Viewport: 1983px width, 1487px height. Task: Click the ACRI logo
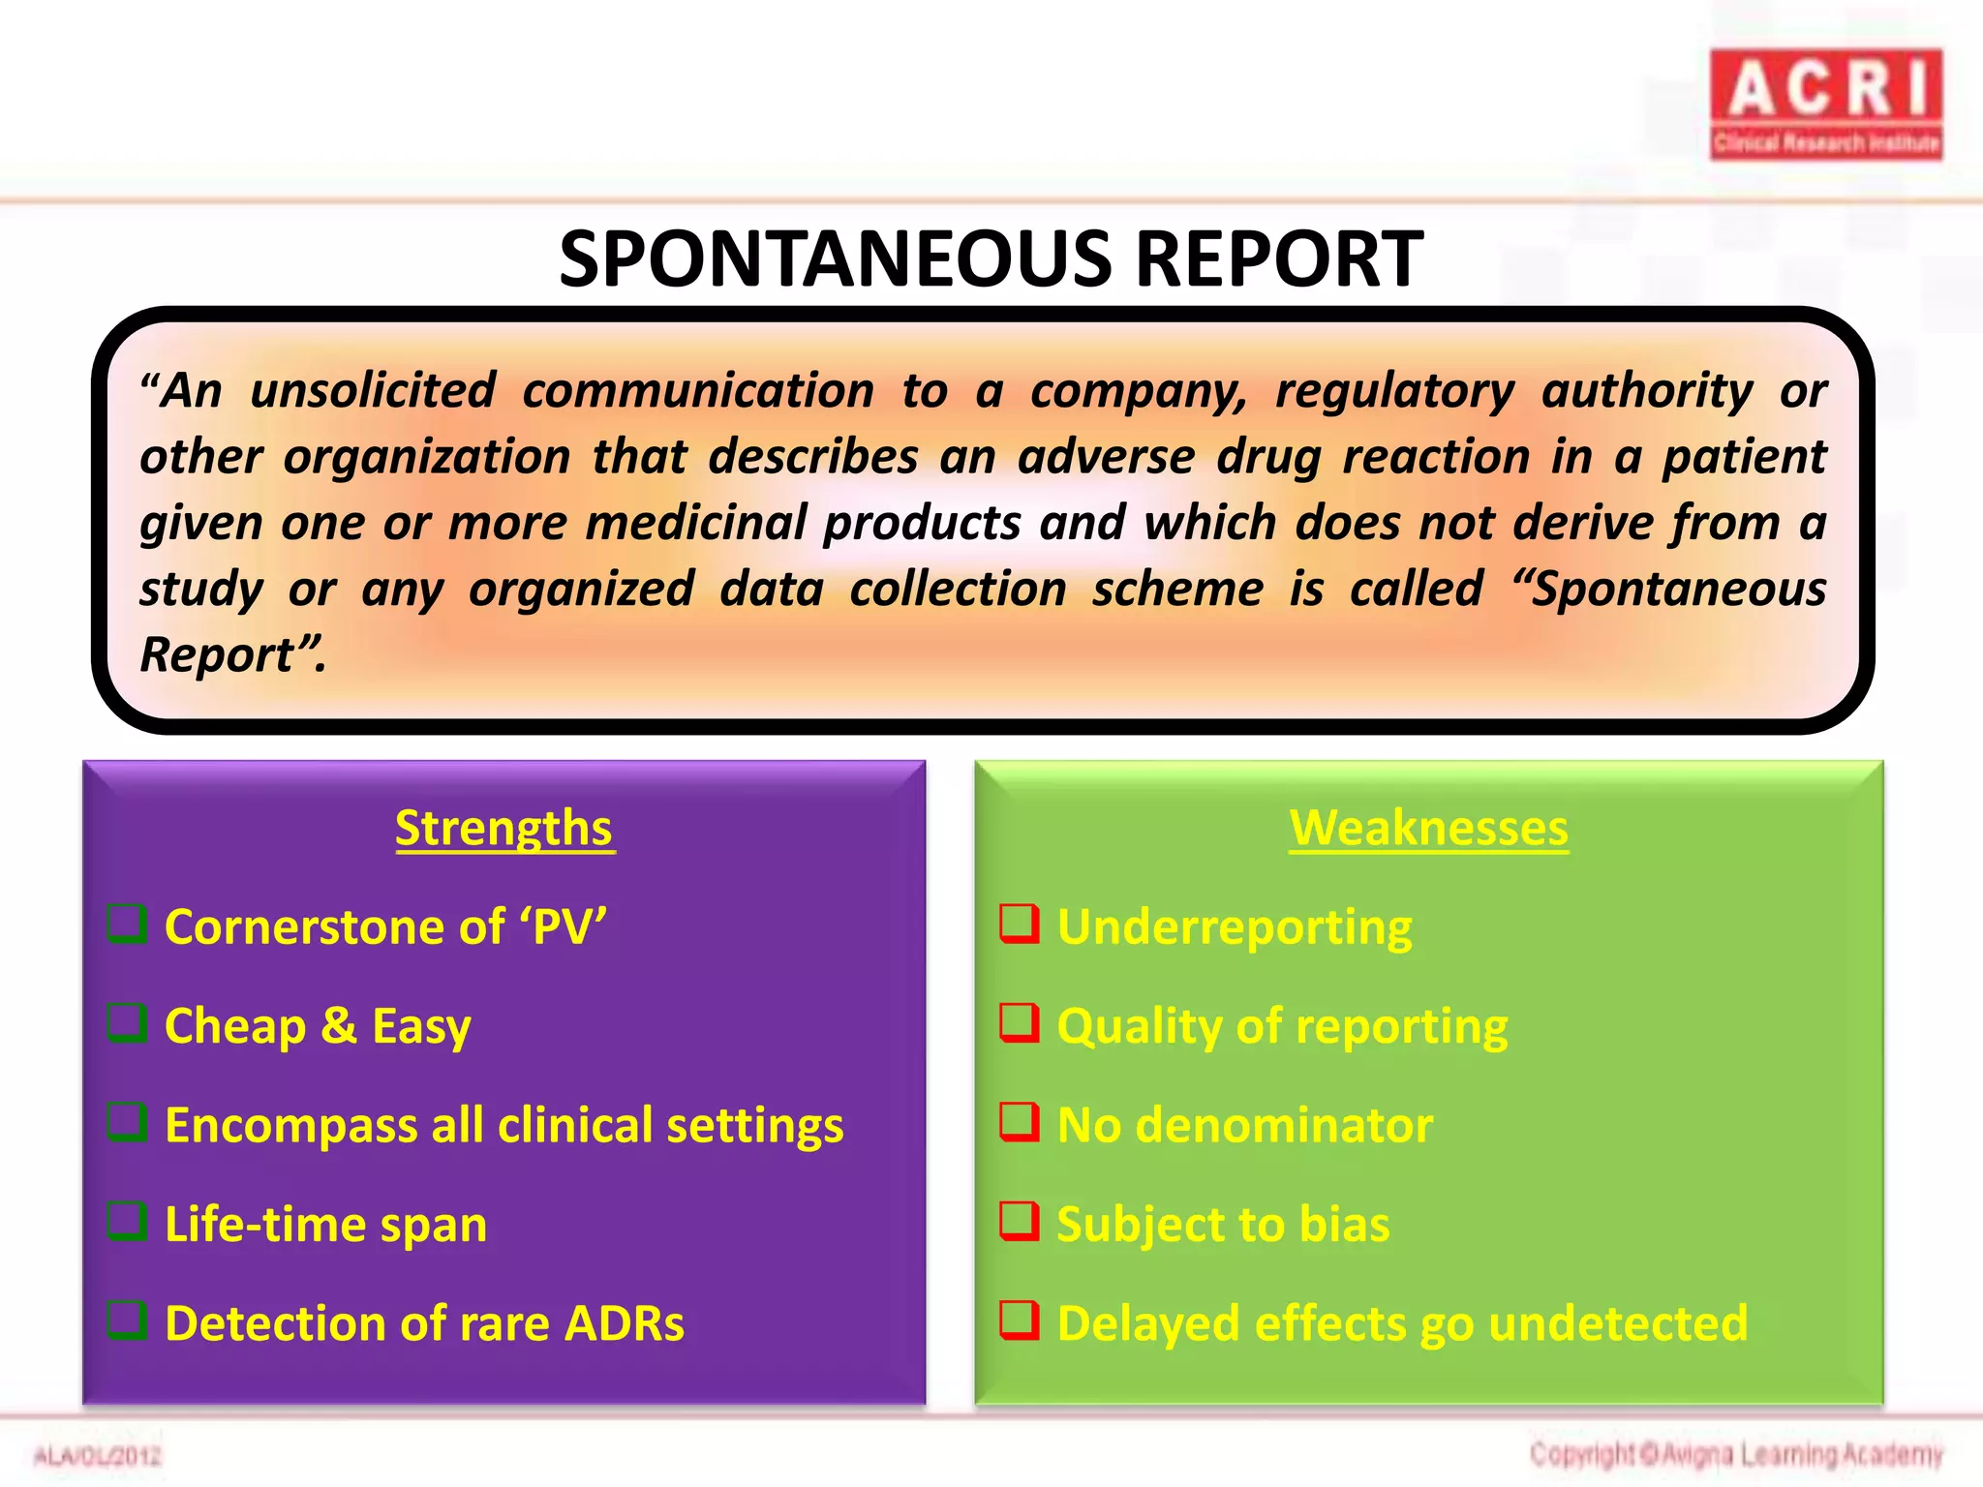coord(1825,104)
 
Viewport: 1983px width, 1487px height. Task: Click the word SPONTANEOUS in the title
coord(836,259)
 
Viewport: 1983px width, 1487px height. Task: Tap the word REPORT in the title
coord(1278,259)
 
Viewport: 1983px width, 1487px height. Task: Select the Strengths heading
coord(503,829)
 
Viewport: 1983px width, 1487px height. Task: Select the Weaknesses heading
coord(1428,829)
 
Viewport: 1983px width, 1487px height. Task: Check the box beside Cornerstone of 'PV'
coord(127,924)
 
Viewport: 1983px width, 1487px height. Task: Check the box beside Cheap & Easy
coord(127,1022)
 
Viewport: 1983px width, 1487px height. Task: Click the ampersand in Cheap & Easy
coord(339,1025)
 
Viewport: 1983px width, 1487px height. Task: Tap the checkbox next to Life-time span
coord(127,1221)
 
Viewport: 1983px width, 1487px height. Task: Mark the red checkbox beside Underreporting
coord(1020,924)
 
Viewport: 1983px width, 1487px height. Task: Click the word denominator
coord(1284,1125)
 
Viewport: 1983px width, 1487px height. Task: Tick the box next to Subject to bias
coord(1020,1221)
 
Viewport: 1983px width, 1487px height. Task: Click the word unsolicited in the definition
coord(373,391)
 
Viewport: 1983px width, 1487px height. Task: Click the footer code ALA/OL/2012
coord(97,1456)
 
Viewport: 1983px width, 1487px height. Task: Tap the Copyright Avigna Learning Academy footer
coord(1736,1454)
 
